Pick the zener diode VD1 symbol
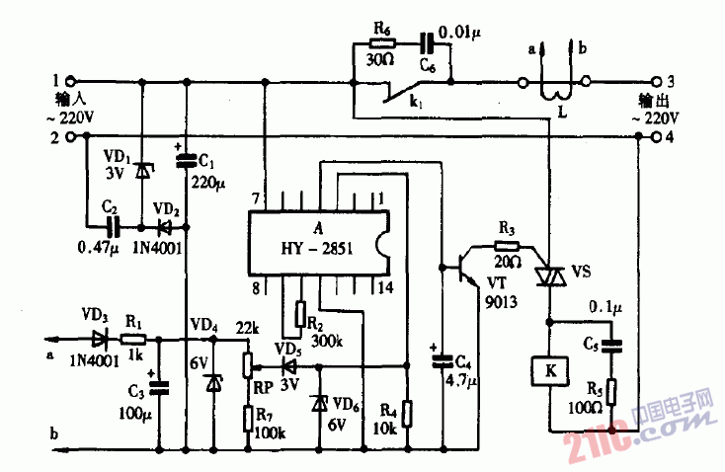pos(141,171)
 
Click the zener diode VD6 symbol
pos(318,403)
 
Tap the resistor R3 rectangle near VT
pos(506,246)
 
